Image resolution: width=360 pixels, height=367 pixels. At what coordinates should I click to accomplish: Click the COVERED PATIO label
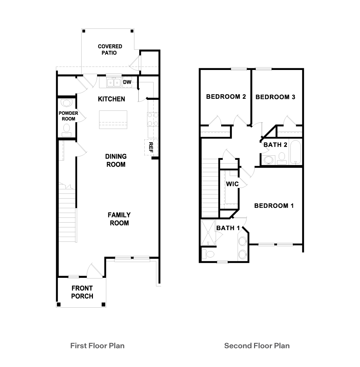[110, 50]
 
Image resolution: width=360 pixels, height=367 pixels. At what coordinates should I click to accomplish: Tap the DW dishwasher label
[127, 82]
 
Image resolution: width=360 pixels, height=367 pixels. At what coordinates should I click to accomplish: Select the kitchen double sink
[113, 83]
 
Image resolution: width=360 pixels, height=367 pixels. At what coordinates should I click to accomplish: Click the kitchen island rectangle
[113, 119]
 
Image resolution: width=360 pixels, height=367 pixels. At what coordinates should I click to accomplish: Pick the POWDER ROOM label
[68, 116]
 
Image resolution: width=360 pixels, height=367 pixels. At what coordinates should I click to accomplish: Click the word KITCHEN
[111, 99]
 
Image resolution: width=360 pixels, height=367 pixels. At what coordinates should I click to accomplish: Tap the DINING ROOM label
[116, 160]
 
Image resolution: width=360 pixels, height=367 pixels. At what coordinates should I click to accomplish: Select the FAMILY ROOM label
[119, 219]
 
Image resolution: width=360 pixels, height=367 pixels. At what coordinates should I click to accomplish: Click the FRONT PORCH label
[82, 292]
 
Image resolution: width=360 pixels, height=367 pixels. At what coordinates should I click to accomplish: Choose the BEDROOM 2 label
[226, 97]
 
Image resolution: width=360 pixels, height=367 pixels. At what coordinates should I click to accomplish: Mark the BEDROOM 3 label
[275, 97]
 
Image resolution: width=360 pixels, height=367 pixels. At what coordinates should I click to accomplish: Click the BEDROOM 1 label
[274, 206]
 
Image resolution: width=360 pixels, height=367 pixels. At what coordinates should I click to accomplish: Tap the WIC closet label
[232, 184]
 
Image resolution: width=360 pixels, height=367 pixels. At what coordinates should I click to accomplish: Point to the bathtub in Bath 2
[295, 152]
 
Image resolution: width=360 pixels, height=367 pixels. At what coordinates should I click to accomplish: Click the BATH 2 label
[275, 145]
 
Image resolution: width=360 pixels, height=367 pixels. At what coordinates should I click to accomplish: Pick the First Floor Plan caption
[97, 345]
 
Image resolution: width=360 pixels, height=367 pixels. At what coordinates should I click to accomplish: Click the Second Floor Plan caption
[257, 345]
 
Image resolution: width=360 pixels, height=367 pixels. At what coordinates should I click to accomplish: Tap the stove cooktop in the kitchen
[152, 119]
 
